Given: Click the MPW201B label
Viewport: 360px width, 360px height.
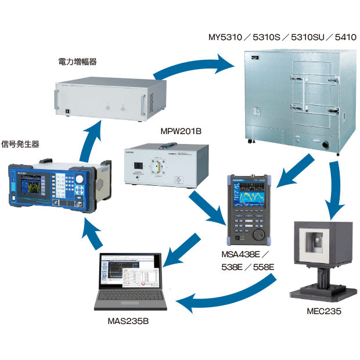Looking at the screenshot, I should pos(180,132).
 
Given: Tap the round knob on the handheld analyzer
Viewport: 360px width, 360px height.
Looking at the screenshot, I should pos(258,236).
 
